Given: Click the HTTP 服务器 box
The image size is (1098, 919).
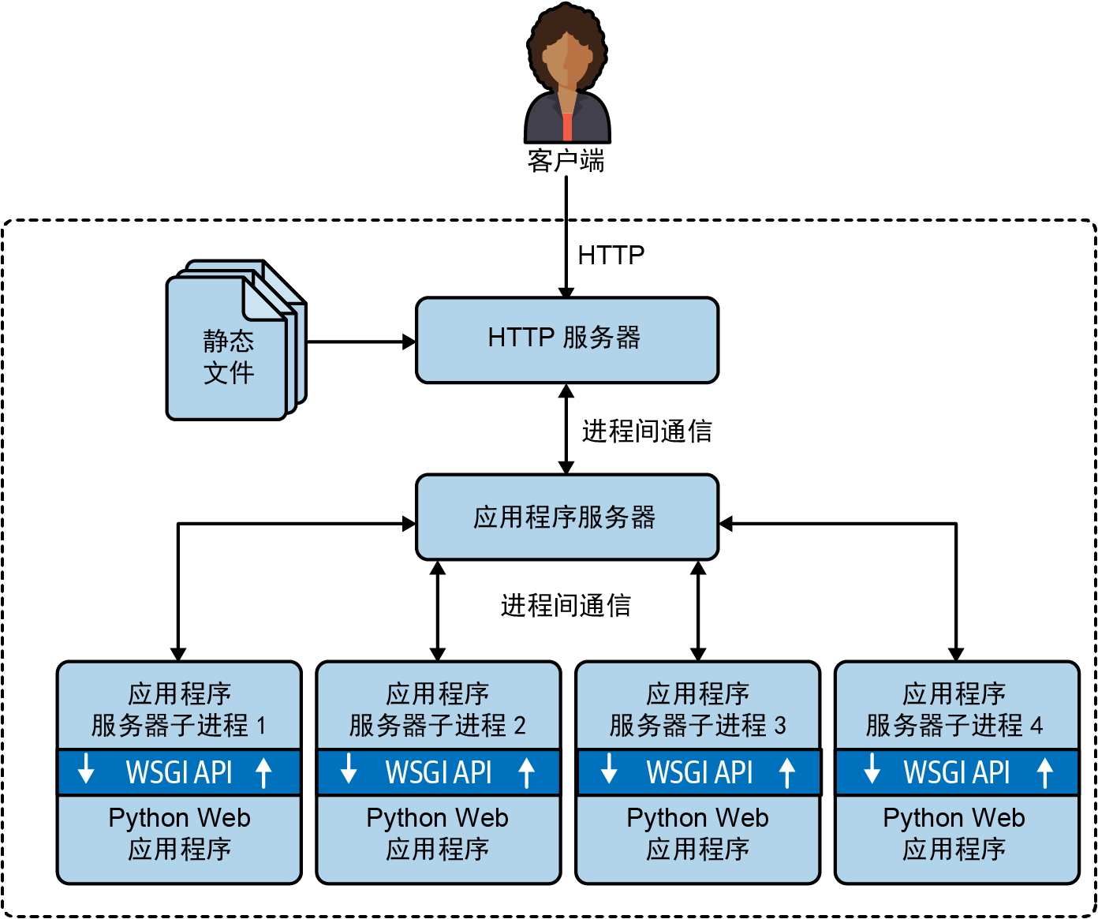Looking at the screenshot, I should [x=566, y=339].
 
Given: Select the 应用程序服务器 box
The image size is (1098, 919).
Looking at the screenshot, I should [x=566, y=517].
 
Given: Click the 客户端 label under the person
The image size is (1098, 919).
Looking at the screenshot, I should [x=566, y=161].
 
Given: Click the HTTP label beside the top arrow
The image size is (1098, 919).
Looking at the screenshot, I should [x=611, y=255].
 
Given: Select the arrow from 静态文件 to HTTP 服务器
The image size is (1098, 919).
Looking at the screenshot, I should [x=360, y=342].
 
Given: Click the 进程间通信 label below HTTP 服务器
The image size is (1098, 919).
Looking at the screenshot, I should [x=647, y=431].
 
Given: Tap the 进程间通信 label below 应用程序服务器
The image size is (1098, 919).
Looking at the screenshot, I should [x=566, y=605].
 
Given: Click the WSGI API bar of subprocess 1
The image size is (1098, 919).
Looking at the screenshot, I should [x=179, y=772].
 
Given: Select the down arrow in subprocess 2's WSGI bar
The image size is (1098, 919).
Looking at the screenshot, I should [x=348, y=769].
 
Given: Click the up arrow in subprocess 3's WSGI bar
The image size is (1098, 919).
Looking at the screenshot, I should [x=786, y=773].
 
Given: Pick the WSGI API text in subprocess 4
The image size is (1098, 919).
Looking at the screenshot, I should [x=957, y=772].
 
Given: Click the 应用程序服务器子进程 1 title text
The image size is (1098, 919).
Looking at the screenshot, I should [x=179, y=709].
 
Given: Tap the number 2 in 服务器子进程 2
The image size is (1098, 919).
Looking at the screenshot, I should [x=519, y=725].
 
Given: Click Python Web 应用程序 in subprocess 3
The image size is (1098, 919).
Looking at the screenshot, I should [x=698, y=833].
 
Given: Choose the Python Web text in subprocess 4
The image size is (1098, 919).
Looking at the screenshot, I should [x=954, y=818].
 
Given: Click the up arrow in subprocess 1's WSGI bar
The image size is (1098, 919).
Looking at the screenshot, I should [x=264, y=773].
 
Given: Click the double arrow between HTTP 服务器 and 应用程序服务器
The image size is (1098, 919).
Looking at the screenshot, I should [x=566, y=429].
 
